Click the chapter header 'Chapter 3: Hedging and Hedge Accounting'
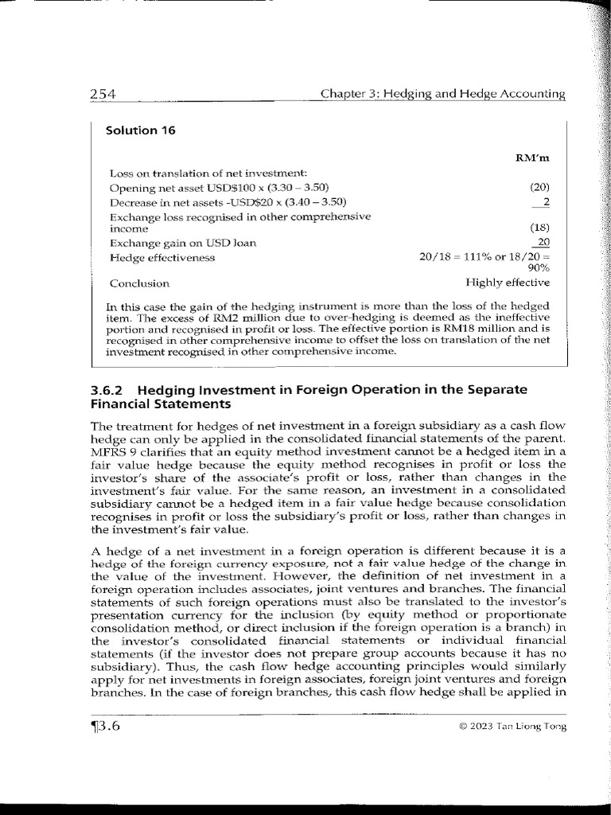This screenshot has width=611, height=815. (442, 95)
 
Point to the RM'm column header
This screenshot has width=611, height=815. (532, 158)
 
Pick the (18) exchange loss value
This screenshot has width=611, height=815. (539, 228)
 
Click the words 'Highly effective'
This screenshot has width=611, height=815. (508, 282)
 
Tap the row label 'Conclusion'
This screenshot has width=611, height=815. (139, 283)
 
